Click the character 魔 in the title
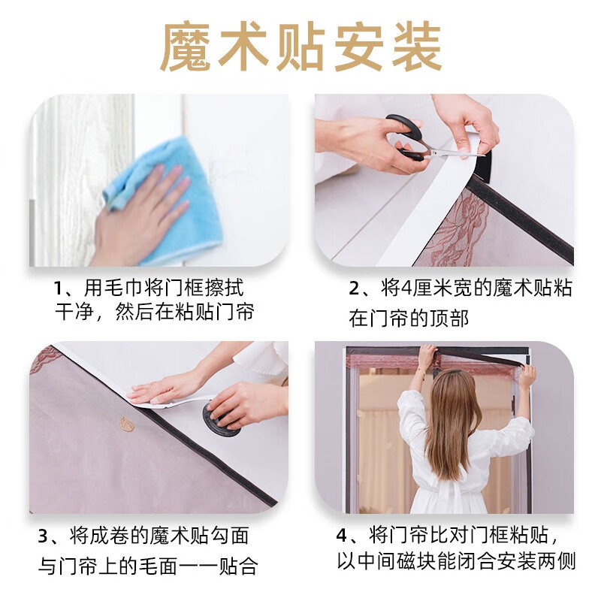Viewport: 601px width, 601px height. (x=186, y=47)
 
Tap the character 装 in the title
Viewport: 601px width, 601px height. (x=416, y=47)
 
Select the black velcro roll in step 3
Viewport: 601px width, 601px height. (x=219, y=417)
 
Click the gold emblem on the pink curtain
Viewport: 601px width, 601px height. (x=127, y=424)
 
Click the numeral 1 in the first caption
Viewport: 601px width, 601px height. (x=58, y=289)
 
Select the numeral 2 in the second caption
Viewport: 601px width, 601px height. (x=354, y=289)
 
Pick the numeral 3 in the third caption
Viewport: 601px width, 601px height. (x=44, y=536)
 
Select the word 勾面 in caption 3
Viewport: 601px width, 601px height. (x=229, y=536)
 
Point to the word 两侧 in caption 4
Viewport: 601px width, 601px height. (x=556, y=561)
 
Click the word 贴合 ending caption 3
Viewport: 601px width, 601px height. (x=237, y=566)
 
